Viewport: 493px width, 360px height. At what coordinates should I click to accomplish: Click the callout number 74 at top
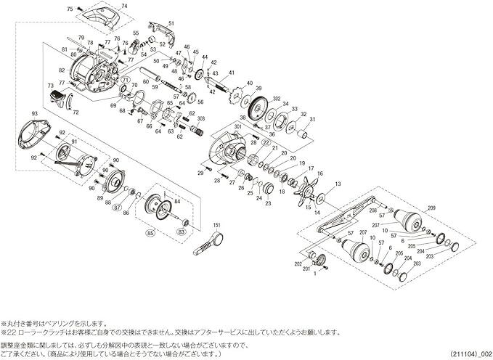pyautogui.click(x=123, y=5)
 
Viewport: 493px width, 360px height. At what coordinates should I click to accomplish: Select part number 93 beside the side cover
pyautogui.click(x=34, y=113)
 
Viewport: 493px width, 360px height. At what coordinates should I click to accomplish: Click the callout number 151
pyautogui.click(x=216, y=225)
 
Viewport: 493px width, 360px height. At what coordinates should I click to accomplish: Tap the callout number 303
pyautogui.click(x=200, y=118)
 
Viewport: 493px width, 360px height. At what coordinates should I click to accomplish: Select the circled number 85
pyautogui.click(x=150, y=234)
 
